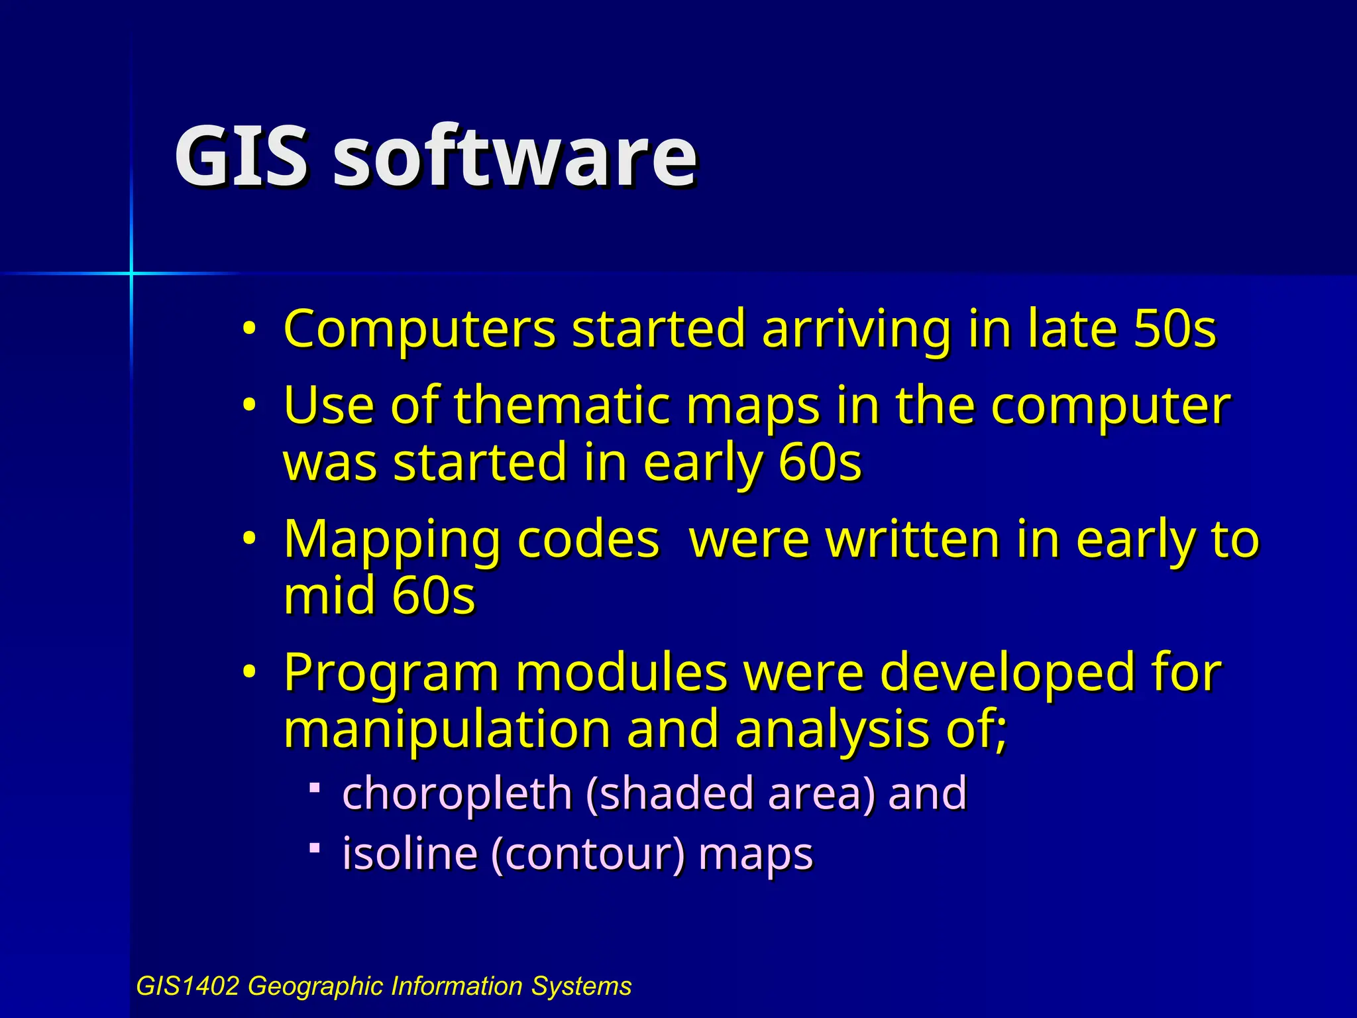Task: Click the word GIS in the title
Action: pos(241,157)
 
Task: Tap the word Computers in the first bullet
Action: pos(419,329)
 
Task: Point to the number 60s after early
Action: pos(820,462)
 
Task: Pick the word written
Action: pos(913,539)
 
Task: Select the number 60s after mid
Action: pos(433,595)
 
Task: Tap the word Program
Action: pos(391,673)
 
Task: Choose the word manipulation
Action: pos(447,729)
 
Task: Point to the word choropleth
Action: pos(457,793)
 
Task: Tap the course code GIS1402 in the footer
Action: pos(187,986)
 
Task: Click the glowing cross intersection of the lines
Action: pos(131,272)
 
